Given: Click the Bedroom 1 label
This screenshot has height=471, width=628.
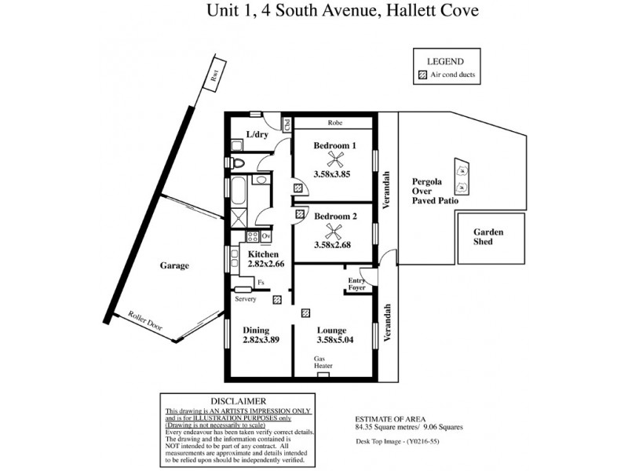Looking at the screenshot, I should [x=334, y=145].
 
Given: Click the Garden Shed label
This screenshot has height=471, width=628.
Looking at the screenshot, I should [x=488, y=238].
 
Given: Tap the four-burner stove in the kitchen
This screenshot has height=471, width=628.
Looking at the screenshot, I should [x=254, y=235].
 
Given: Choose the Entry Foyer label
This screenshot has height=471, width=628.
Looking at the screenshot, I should [x=357, y=283].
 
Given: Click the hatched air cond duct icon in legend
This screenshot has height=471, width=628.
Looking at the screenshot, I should [x=422, y=75].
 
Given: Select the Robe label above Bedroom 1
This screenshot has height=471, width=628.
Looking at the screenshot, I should [x=334, y=123].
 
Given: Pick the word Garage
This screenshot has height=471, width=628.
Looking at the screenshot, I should [x=174, y=266].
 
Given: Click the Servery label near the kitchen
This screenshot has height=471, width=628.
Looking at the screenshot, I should [x=245, y=299].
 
